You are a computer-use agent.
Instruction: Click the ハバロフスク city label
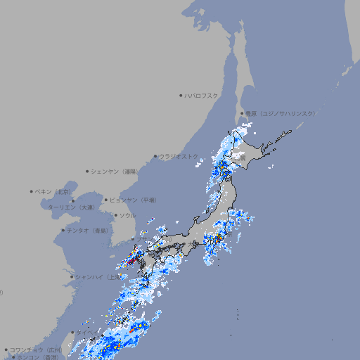[x=202, y=95]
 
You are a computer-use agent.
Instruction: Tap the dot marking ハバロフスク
[x=181, y=95]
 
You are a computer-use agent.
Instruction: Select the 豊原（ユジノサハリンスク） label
[x=281, y=113]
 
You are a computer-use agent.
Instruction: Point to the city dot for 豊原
[x=242, y=113]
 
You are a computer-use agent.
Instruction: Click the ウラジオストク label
[x=179, y=156]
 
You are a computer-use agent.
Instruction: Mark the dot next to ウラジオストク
[x=156, y=156]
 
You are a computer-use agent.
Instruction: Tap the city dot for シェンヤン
[x=88, y=171]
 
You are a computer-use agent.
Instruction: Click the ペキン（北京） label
[x=53, y=191]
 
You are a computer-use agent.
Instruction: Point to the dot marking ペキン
[x=32, y=191]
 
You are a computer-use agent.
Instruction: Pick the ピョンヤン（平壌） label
[x=134, y=200]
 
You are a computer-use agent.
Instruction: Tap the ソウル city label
[x=127, y=215]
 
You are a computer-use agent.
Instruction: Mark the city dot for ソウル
[x=116, y=215]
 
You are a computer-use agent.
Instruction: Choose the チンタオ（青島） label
[x=89, y=230]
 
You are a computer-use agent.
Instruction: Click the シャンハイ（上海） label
[x=98, y=277]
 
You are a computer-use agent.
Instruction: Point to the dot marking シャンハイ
[x=72, y=277]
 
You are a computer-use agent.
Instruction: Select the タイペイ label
[x=87, y=332]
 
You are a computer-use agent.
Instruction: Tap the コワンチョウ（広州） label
[x=36, y=349]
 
